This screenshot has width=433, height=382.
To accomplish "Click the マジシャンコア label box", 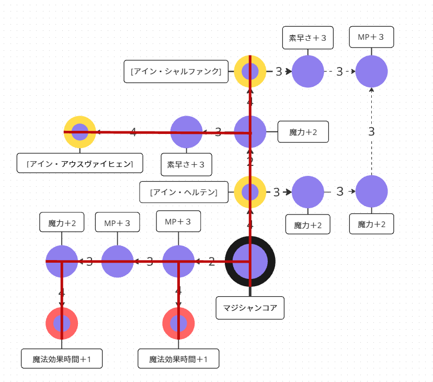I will (250, 307).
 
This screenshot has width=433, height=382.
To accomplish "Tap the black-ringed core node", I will (250, 261).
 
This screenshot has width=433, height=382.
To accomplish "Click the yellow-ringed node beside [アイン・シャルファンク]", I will (250, 71).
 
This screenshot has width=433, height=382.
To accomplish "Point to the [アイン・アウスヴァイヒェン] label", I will (80, 163).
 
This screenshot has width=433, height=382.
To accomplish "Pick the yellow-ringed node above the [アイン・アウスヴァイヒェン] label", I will (80, 132).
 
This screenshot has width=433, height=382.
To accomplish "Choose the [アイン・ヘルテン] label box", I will (183, 192).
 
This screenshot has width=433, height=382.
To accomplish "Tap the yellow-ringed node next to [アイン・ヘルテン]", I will (250, 192).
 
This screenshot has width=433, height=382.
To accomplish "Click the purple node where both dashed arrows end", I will (371, 71).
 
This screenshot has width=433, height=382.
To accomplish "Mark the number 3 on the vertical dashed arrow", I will (371, 132).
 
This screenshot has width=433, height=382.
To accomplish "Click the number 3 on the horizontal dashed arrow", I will (339, 72).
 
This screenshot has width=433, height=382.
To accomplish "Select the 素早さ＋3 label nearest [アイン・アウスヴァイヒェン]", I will (186, 164).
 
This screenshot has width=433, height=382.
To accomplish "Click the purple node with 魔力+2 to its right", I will (250, 132).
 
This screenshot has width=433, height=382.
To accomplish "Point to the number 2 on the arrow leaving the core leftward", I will (211, 262).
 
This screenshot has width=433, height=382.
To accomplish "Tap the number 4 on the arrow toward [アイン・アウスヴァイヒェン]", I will (133, 132).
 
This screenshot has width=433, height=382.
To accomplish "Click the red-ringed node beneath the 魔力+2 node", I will (62, 323).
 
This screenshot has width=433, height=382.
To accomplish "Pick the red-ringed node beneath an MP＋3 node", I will (178, 323).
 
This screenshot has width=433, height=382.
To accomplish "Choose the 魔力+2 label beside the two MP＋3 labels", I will (62, 223).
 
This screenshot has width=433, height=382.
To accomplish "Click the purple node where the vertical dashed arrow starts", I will (371, 192).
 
